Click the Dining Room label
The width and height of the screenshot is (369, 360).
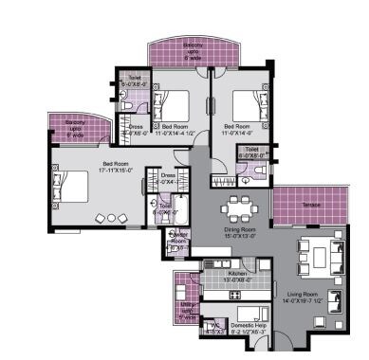point(239,228)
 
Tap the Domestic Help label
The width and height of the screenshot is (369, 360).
point(245,324)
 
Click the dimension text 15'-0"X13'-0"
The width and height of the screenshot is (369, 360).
point(239,236)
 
